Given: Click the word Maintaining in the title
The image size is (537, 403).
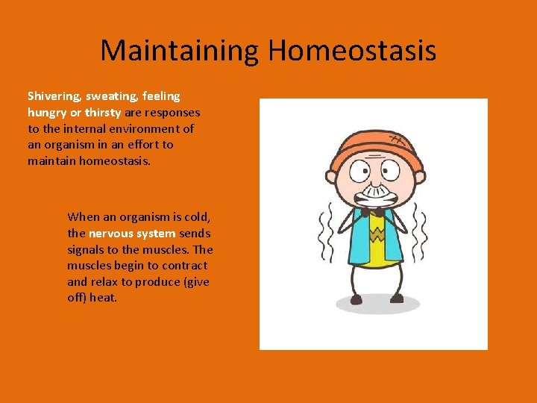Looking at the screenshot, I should coord(180,51).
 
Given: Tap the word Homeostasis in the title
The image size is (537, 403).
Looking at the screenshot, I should coord(352,51).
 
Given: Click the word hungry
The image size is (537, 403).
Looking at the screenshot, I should coord(48,113).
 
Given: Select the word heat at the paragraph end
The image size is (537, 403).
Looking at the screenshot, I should coord(104,298).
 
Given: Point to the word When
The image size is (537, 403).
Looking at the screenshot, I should coord(83,216).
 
